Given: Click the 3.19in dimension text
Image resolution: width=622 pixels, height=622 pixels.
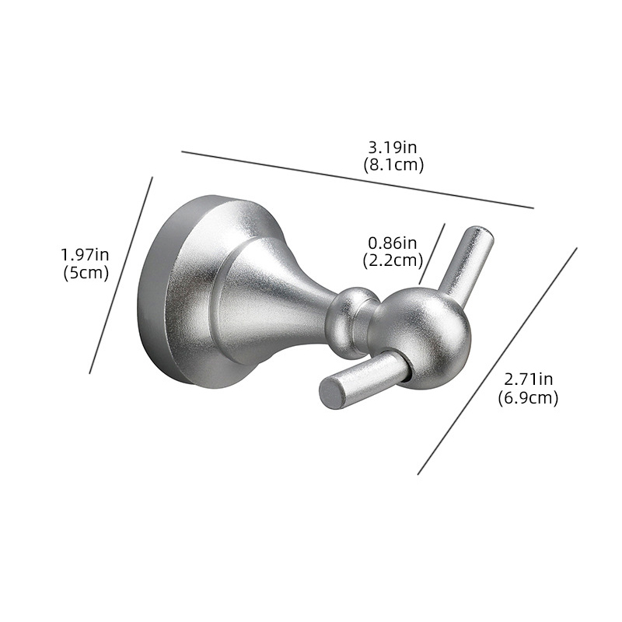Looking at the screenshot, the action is [393, 148].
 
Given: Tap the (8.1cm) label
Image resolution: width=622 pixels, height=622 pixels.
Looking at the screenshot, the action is [393, 165].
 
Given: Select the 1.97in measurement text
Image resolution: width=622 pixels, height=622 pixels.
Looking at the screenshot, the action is [85, 255].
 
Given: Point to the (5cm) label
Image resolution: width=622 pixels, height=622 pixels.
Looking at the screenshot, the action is [86, 273].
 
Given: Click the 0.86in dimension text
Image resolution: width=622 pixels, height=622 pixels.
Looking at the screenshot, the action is [393, 243].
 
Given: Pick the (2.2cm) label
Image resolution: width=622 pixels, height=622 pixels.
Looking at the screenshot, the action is [393, 260].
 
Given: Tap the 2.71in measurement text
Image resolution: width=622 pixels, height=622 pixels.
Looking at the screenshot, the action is [529, 379].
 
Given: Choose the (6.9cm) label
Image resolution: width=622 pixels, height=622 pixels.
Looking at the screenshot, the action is [529, 397].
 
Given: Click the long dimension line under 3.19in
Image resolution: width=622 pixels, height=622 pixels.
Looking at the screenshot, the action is [358, 180].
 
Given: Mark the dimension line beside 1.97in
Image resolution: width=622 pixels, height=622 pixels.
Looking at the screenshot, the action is [121, 275].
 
